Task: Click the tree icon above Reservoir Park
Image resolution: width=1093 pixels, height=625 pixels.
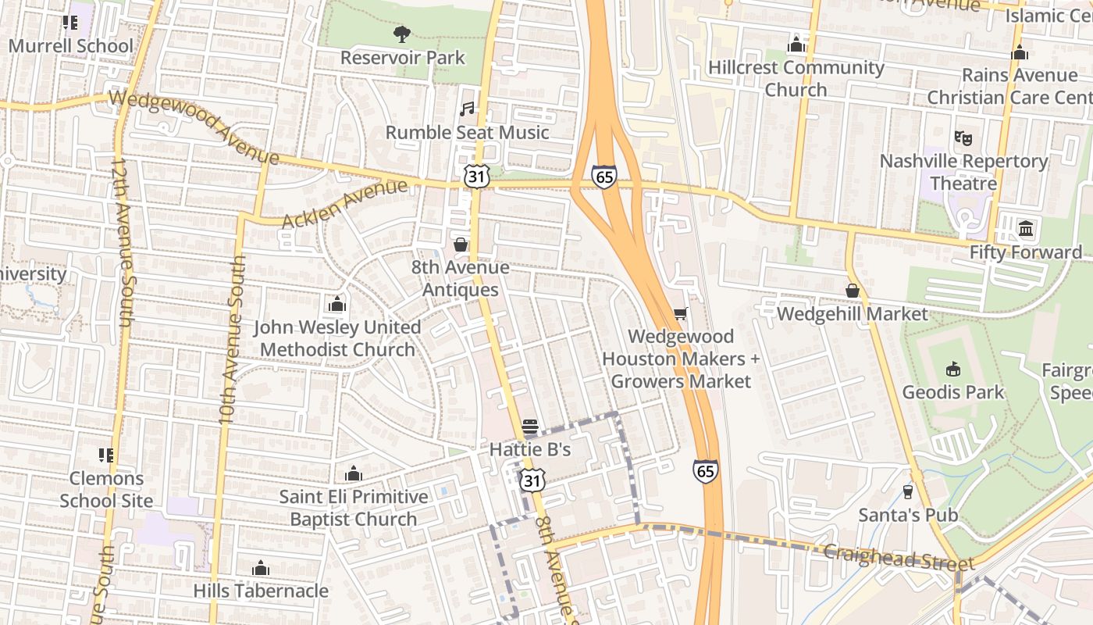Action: coord(402,34)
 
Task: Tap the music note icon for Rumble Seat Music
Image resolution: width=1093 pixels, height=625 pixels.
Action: coord(467,109)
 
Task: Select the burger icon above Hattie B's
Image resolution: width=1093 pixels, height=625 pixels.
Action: coord(530,427)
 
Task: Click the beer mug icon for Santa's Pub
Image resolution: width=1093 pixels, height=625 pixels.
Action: coord(907,491)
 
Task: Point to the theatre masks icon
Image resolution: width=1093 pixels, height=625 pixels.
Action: coord(963,137)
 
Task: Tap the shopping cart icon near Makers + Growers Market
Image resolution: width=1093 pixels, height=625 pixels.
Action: coord(680,314)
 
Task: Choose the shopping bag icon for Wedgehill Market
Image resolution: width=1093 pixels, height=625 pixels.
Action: coord(852,291)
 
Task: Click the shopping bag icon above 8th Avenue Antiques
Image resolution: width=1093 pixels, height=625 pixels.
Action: coord(460,245)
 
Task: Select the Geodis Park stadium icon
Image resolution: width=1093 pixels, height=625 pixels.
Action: coord(952,368)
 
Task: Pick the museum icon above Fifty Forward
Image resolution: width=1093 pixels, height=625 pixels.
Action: coord(1026,229)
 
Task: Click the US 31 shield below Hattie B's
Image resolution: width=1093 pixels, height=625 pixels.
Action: coord(532,480)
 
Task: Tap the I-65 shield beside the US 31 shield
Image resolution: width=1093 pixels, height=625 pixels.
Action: coord(603,176)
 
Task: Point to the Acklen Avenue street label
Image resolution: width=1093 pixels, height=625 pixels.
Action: coord(344,204)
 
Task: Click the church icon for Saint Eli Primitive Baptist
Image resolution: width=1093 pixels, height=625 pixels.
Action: coord(354,473)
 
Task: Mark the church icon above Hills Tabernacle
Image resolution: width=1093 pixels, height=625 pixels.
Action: coord(261,568)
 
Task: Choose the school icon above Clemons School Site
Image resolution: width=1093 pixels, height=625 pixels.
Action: coord(106,455)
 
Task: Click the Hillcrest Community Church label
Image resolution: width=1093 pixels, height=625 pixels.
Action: coord(796,78)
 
